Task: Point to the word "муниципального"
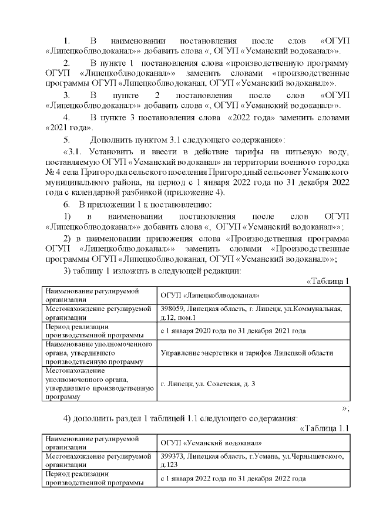pos(76,182)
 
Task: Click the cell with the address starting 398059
pos(253,313)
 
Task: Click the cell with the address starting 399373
pos(253,459)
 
